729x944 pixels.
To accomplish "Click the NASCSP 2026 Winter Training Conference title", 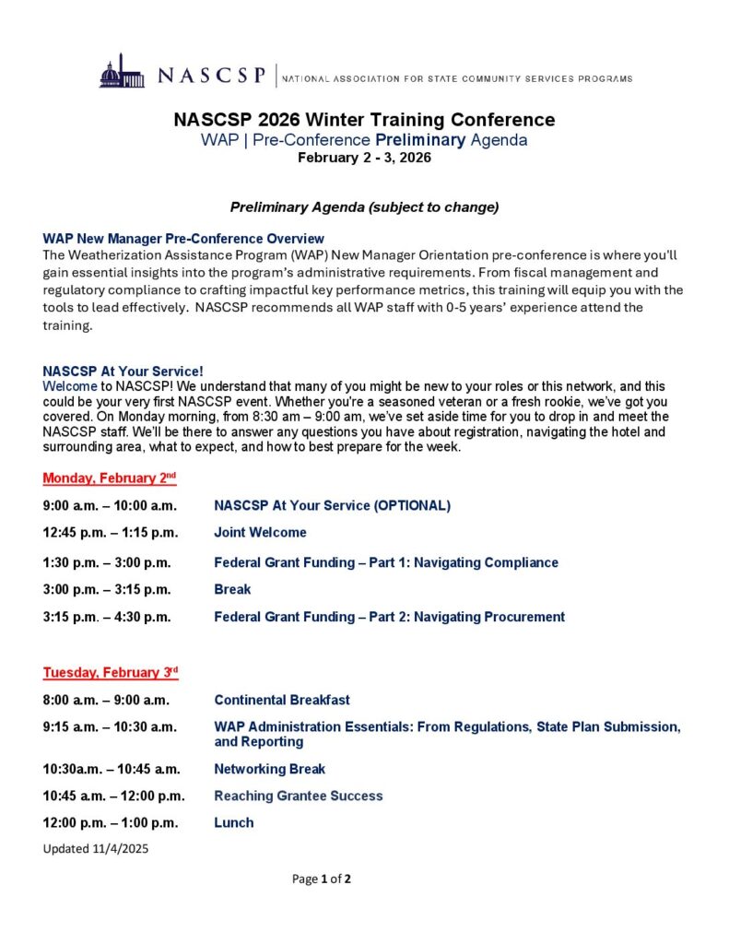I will (364, 120).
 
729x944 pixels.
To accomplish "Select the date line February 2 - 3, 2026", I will (364, 158).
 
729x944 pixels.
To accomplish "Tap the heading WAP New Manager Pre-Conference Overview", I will (183, 238).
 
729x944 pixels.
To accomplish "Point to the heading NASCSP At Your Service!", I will (123, 372).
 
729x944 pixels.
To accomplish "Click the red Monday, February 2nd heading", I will (109, 478).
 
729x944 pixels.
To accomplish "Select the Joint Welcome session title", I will (260, 533).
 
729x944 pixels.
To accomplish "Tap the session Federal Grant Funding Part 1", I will (385, 562).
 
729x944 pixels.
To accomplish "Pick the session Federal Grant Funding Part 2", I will (389, 617).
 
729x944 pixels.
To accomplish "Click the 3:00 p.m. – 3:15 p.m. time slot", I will (106, 589).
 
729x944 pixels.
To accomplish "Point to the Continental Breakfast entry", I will (281, 701).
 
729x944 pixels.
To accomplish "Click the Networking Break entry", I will (269, 769).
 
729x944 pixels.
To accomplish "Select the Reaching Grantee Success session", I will (298, 796).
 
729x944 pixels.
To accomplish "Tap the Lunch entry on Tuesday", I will (233, 822).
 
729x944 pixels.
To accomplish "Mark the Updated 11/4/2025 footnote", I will (95, 848).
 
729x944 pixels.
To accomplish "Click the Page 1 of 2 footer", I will (322, 879).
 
